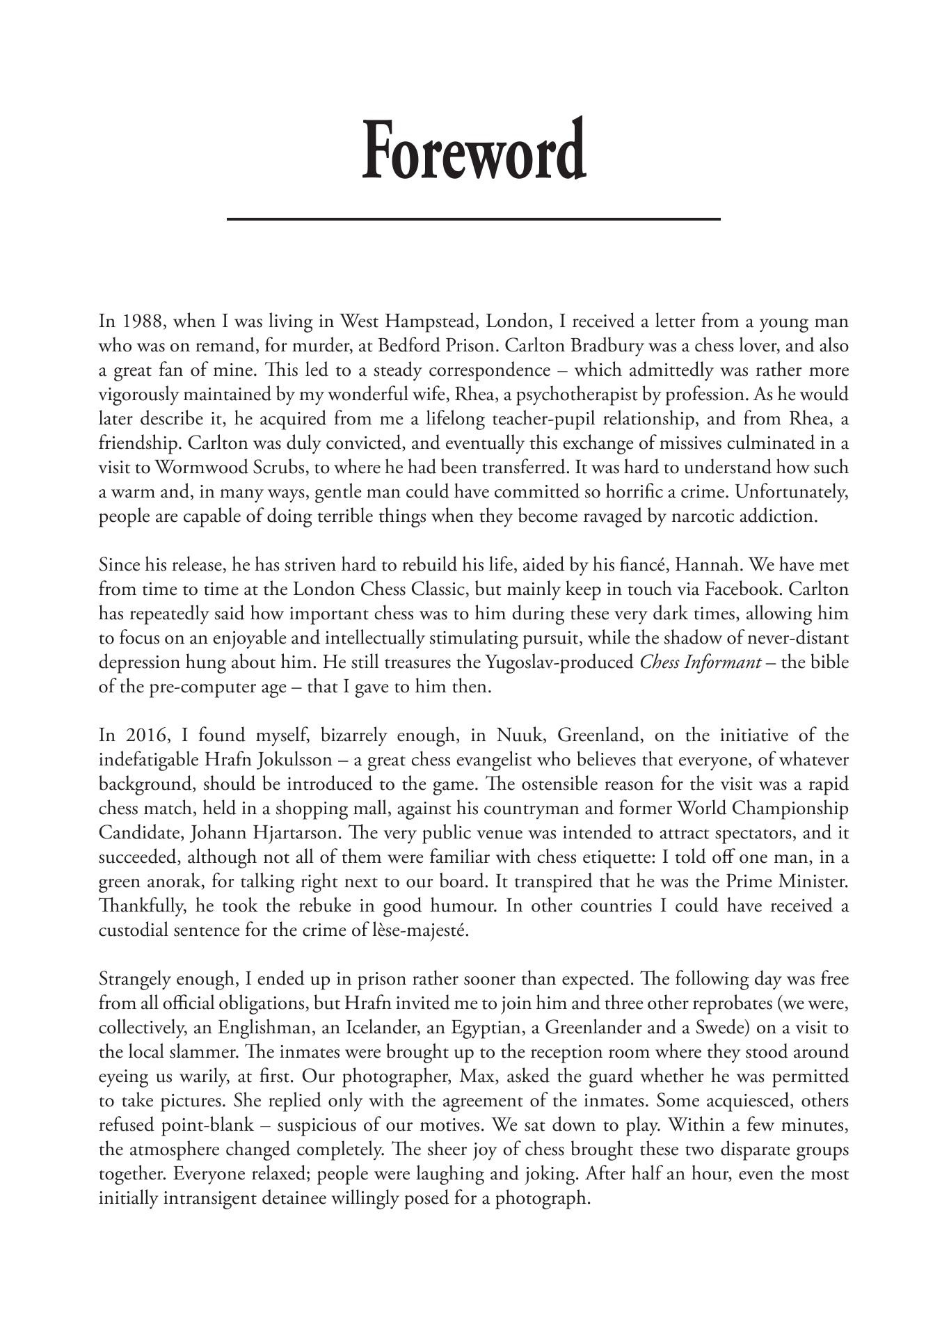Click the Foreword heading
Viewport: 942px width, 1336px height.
473,150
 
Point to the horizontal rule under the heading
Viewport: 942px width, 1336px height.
473,219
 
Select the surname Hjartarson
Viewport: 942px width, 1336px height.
294,833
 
